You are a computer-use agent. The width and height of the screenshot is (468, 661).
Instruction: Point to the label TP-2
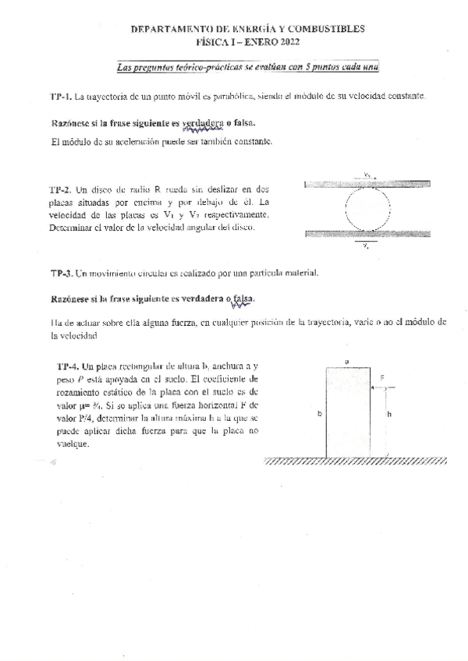click(60, 189)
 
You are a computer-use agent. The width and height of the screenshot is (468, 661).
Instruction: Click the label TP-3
click(62, 274)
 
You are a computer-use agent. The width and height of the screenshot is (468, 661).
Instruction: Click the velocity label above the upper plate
click(367, 176)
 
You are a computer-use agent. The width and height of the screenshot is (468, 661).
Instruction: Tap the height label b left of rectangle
click(320, 415)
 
